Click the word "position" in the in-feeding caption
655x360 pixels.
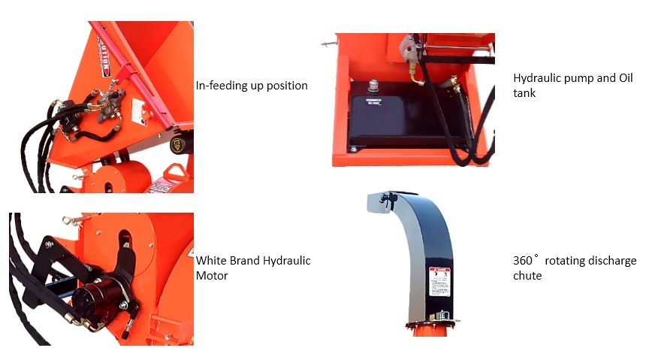(287, 86)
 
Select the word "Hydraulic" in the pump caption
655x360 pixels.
(536, 78)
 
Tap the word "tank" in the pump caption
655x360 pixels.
(524, 93)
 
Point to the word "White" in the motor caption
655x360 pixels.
(212, 261)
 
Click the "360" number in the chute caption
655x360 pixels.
(523, 261)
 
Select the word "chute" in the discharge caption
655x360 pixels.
(527, 276)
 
